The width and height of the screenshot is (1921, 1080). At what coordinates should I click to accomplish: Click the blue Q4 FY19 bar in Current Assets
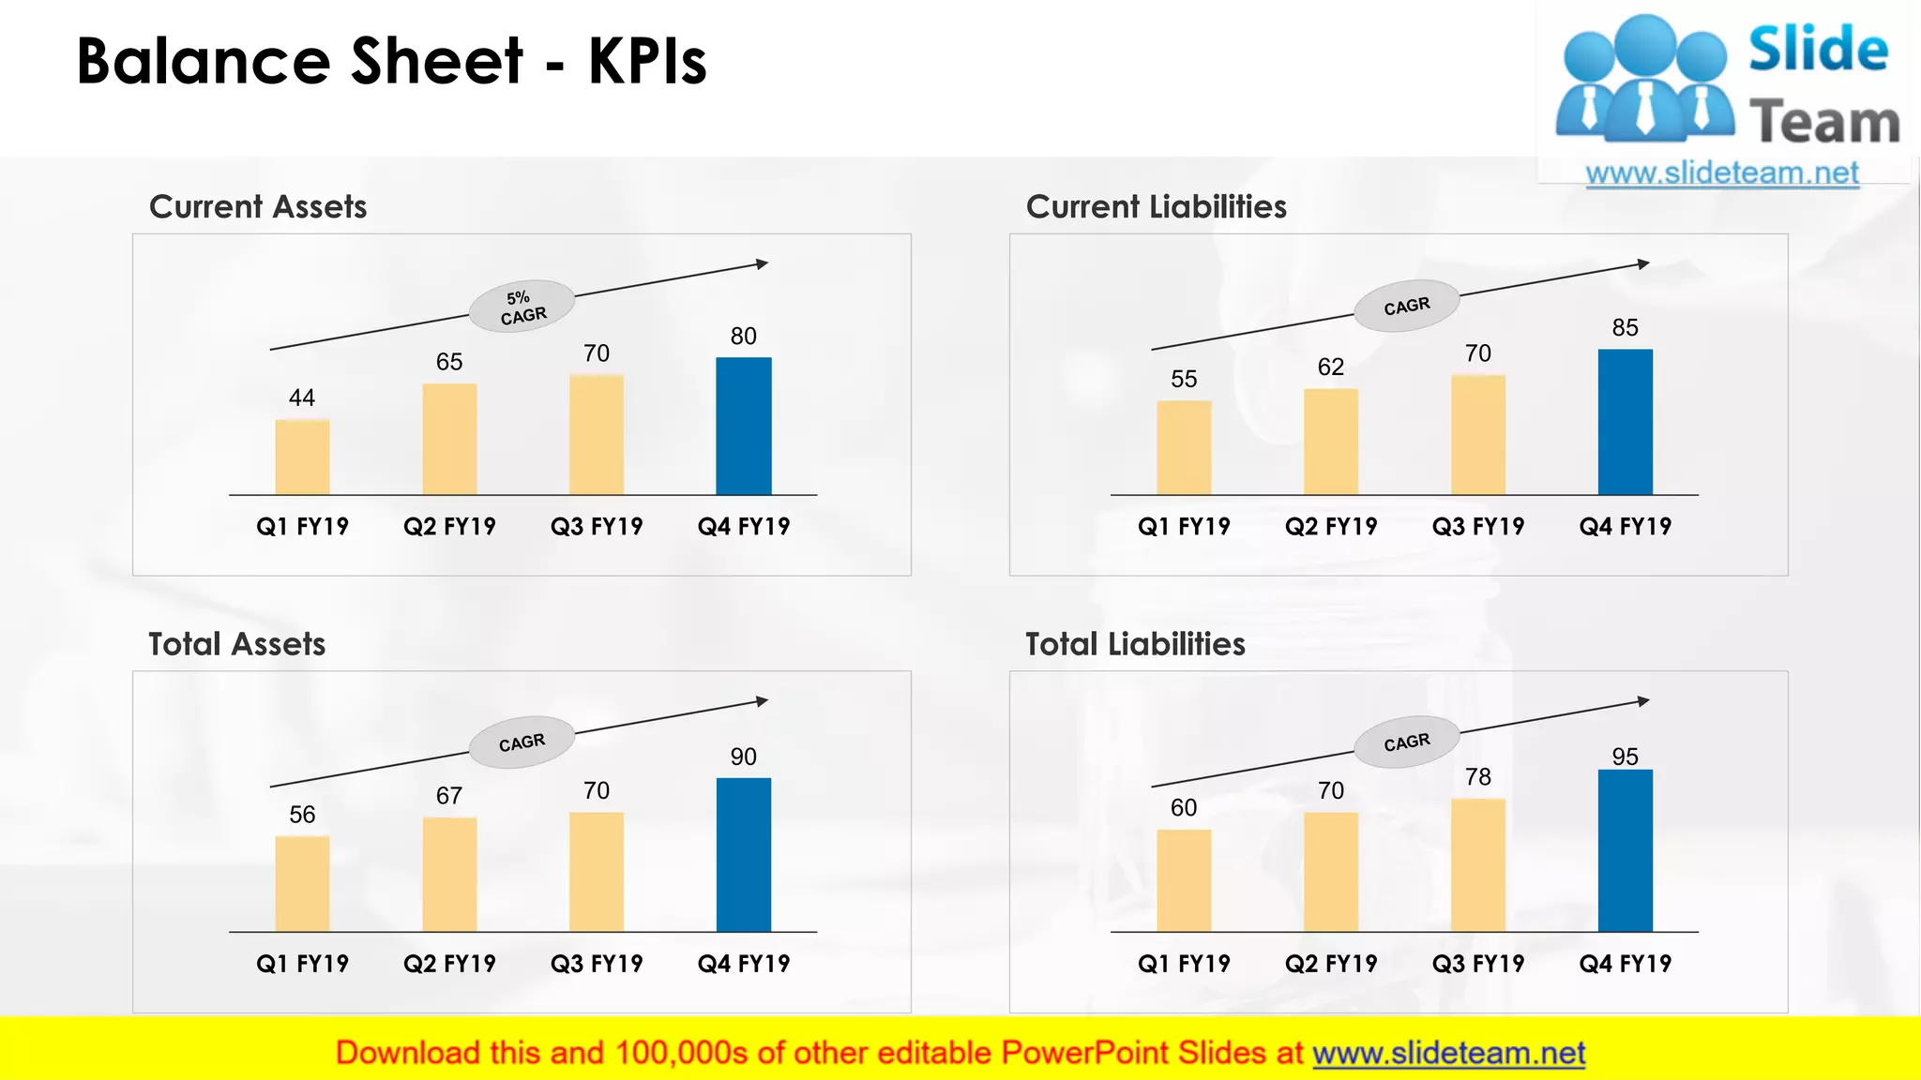(x=744, y=426)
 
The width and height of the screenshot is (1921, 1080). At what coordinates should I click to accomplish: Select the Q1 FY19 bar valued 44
(x=302, y=457)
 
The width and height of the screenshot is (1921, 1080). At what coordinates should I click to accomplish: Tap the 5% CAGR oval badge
(x=522, y=307)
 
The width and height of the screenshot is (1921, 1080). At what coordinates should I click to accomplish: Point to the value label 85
(x=1625, y=328)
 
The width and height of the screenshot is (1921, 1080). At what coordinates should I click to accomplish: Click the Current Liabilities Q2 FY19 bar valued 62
(x=1330, y=442)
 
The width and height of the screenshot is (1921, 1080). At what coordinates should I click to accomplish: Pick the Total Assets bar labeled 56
(x=302, y=883)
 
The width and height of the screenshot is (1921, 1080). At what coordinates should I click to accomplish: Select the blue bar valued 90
(x=744, y=854)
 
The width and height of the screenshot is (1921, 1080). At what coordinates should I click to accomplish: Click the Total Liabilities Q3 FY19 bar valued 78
(x=1477, y=864)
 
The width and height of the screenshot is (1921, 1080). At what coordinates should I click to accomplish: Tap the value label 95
(x=1625, y=757)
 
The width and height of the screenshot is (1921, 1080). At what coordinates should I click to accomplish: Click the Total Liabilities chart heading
(x=1135, y=644)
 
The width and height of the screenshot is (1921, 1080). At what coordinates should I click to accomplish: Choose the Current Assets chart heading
(x=258, y=207)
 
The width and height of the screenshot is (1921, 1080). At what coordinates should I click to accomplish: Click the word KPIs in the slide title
(x=647, y=62)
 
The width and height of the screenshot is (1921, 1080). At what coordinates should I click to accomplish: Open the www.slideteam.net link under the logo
(x=1722, y=173)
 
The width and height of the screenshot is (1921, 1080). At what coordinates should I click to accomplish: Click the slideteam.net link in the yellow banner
(x=1448, y=1054)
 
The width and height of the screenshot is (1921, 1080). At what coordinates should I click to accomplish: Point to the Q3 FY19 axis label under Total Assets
(x=597, y=964)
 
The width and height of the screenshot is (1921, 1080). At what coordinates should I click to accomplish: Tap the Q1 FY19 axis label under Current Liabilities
(x=1184, y=527)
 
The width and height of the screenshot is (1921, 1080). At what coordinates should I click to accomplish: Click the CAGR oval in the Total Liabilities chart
(x=1406, y=742)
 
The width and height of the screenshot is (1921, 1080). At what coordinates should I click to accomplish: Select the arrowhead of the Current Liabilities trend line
(x=1642, y=264)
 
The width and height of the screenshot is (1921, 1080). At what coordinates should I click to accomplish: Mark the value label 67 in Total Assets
(x=449, y=796)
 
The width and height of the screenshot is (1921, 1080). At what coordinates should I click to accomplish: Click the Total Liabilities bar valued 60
(x=1184, y=880)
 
